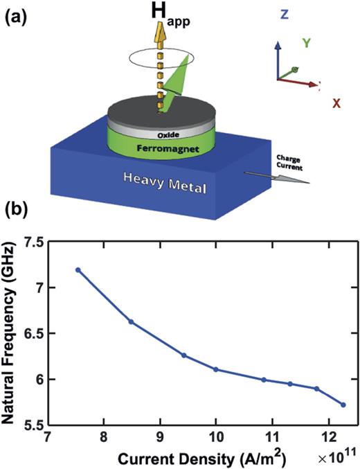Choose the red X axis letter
[336, 103]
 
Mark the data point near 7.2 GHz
[78, 269]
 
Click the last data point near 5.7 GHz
[343, 405]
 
